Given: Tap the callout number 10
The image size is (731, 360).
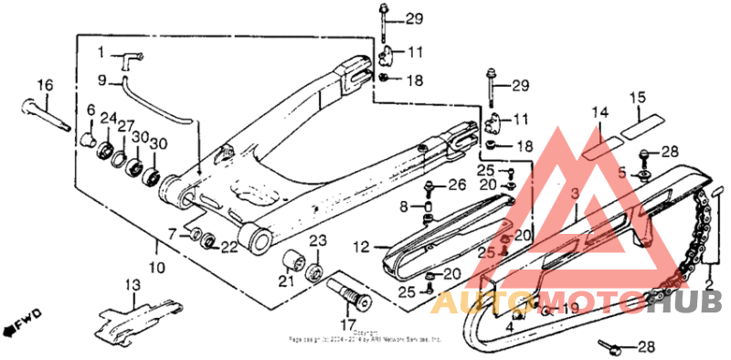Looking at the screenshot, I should (157, 268).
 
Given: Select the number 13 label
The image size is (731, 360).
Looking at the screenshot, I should (133, 286).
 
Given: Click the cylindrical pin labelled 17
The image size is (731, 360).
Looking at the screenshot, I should (347, 294).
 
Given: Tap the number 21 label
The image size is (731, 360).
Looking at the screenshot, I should (287, 280).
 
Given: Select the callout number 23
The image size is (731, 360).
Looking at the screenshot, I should (317, 240).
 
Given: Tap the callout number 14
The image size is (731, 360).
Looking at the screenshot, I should (599, 112).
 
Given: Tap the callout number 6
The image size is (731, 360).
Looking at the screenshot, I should (91, 111).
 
